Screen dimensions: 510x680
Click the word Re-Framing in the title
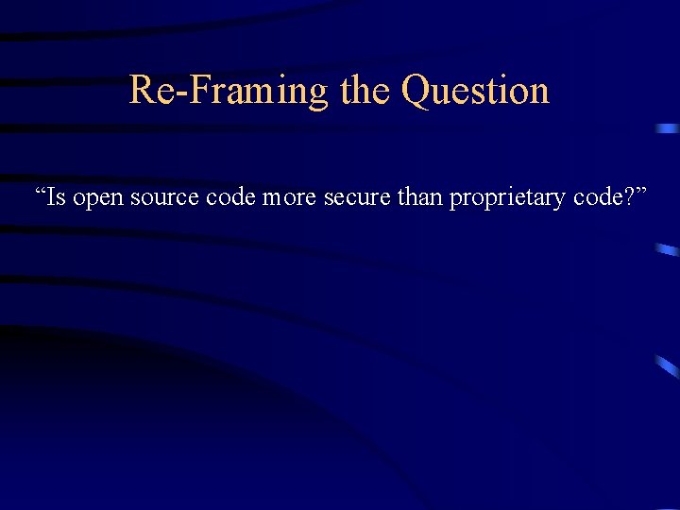[x=228, y=91]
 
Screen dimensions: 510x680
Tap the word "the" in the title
[x=364, y=90]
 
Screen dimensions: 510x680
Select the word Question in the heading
[x=475, y=91]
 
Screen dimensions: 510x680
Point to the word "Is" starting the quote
[x=56, y=197]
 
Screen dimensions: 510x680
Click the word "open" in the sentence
[x=97, y=199]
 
